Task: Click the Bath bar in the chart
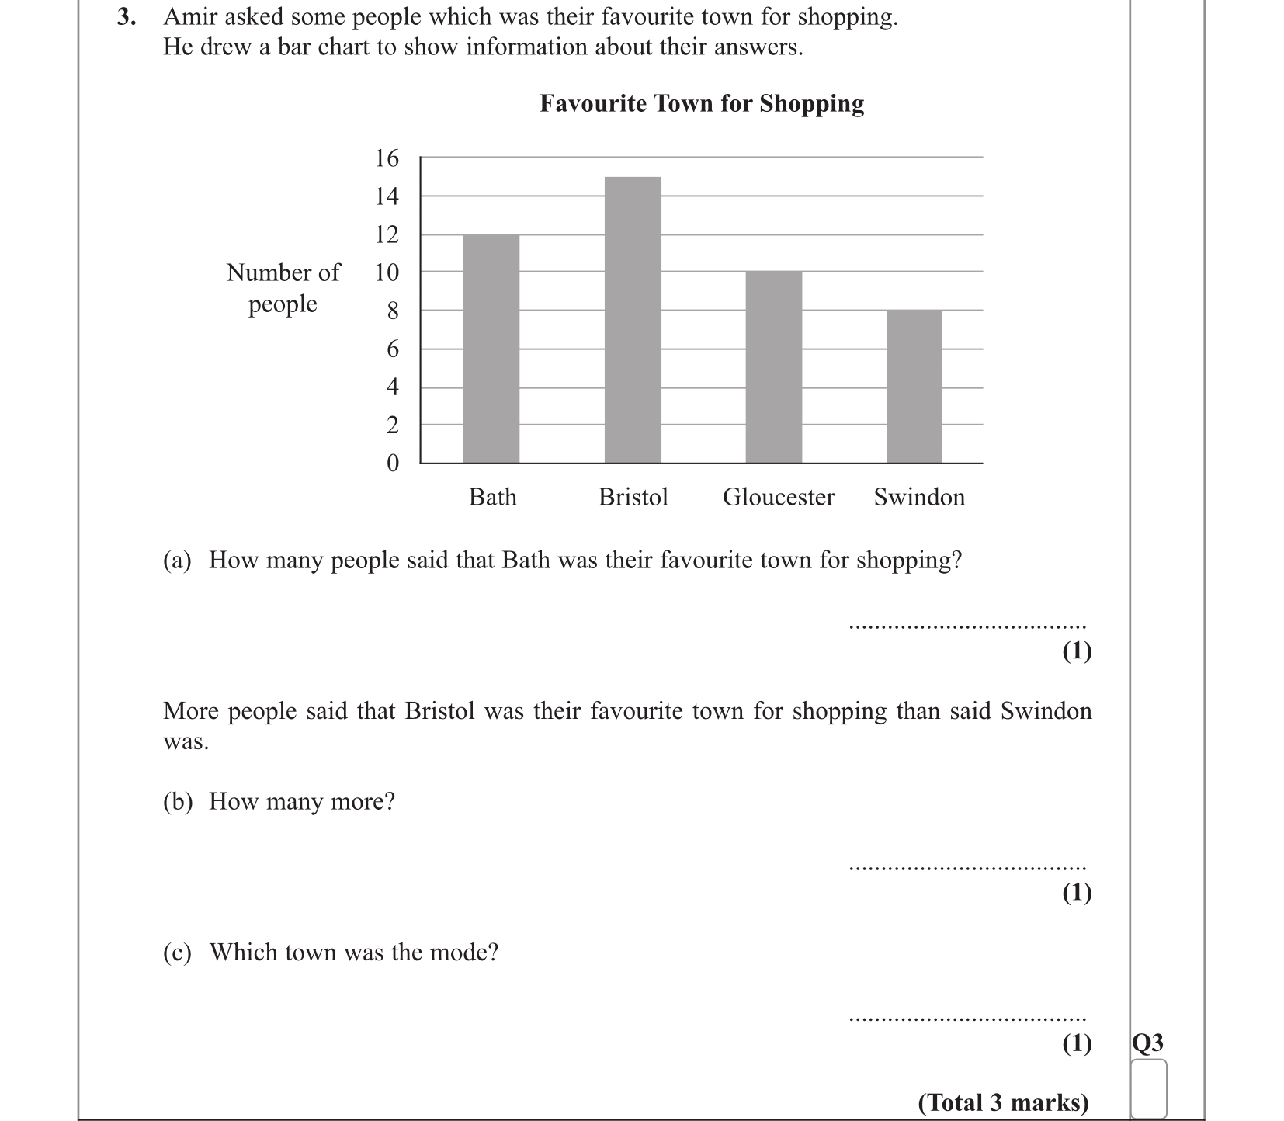click(491, 349)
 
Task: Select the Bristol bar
click(633, 320)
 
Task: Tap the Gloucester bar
click(773, 367)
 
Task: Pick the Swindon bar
click(914, 387)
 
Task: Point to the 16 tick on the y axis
click(387, 158)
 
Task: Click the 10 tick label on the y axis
click(387, 272)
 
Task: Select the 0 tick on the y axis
click(392, 463)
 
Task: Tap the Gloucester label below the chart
click(779, 497)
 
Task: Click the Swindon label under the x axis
click(919, 497)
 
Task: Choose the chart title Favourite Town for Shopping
click(702, 103)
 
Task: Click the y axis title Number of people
click(283, 288)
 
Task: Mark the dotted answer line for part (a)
click(967, 626)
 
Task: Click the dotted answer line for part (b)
click(967, 868)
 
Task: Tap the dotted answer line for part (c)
click(967, 1019)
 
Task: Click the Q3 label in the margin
click(1148, 1043)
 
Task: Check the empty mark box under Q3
click(1149, 1088)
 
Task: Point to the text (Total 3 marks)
click(1003, 1102)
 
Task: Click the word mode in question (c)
click(460, 953)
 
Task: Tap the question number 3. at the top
click(127, 17)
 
